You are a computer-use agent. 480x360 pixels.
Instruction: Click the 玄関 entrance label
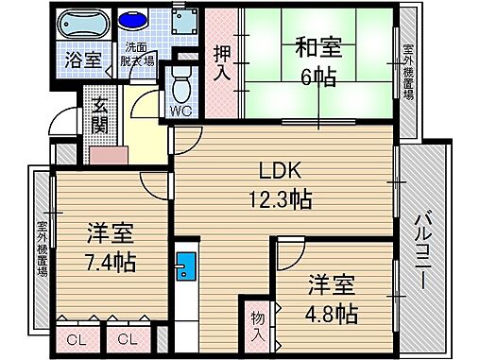[x=100, y=118]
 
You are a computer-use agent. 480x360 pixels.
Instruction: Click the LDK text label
[x=281, y=171]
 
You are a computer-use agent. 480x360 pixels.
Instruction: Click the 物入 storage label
[x=258, y=326]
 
